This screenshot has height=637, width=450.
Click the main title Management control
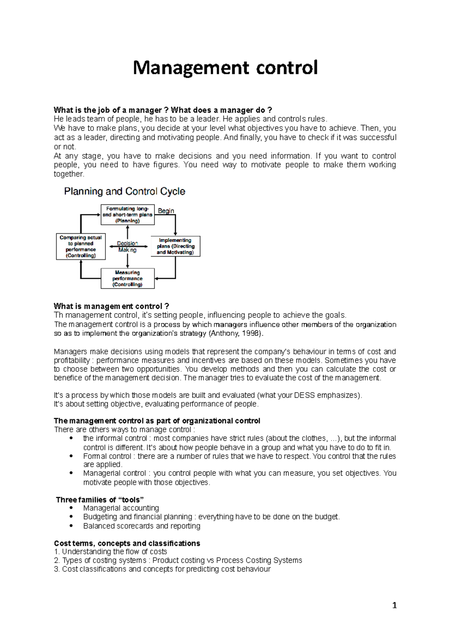point(225,68)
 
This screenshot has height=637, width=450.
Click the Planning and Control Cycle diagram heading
point(124,191)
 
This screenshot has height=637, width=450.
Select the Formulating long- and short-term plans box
point(127,215)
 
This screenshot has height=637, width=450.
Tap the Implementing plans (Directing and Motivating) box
point(175,246)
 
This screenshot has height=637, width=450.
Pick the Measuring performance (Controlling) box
point(127,278)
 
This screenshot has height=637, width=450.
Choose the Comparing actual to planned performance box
point(81,246)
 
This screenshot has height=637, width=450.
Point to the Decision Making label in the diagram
point(127,246)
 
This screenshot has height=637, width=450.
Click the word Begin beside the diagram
point(166,211)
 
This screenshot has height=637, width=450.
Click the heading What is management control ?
point(111,306)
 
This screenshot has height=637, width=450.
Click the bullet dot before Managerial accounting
point(71,508)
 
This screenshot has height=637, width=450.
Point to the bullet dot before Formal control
point(71,456)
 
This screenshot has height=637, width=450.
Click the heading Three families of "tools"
point(100,499)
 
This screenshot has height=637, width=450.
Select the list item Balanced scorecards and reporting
point(142,526)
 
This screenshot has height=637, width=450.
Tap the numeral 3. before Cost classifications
point(57,569)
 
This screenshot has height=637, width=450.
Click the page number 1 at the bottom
point(394,605)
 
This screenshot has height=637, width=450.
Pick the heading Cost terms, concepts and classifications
point(127,543)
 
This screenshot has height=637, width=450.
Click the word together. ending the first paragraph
point(69,174)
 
